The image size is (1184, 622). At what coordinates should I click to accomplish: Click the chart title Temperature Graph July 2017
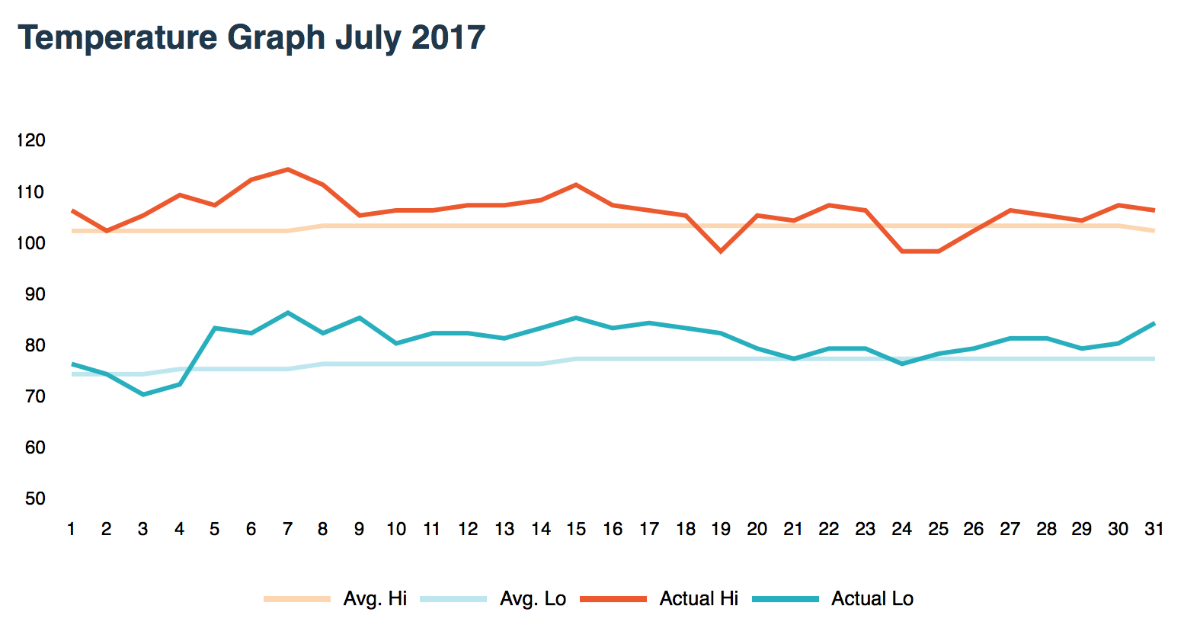click(x=251, y=37)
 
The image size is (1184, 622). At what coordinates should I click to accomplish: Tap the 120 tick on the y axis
click(x=31, y=140)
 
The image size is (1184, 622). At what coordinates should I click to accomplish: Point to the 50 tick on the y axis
click(x=35, y=499)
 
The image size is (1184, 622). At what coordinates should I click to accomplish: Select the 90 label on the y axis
click(x=35, y=294)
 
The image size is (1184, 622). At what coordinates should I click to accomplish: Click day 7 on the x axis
click(x=287, y=529)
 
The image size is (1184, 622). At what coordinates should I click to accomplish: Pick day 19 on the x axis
click(x=721, y=529)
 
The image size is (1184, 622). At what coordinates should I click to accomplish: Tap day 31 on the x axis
click(x=1154, y=529)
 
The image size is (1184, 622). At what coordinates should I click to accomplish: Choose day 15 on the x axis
click(x=576, y=529)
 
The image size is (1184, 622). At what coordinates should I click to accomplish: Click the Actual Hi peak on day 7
click(x=287, y=169)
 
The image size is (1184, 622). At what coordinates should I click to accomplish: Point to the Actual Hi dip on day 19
click(x=721, y=251)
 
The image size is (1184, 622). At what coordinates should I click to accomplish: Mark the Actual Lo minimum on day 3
click(x=142, y=394)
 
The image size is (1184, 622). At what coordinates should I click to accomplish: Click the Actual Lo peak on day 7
click(x=287, y=313)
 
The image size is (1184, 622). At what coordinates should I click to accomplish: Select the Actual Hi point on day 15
click(x=576, y=184)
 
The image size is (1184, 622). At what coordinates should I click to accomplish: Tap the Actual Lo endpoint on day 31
click(x=1154, y=323)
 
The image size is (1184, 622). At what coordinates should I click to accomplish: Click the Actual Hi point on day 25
click(x=938, y=251)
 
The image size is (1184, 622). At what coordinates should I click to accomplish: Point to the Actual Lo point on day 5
click(x=215, y=328)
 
